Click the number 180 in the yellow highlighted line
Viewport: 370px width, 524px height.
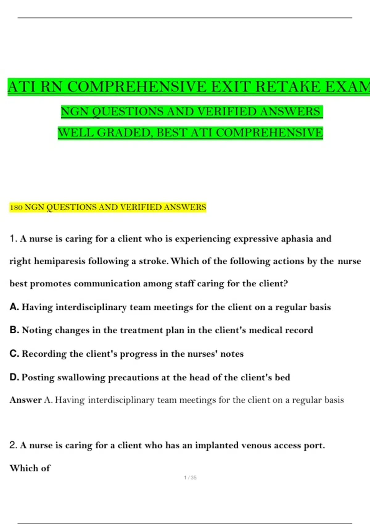click(16, 207)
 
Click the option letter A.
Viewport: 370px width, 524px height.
click(14, 307)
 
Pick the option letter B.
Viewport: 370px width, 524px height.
click(14, 330)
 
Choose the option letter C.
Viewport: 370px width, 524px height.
click(14, 354)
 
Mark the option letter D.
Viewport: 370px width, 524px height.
click(14, 377)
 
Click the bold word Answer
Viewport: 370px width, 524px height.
click(26, 400)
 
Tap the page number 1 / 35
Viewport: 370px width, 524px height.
click(190, 477)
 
